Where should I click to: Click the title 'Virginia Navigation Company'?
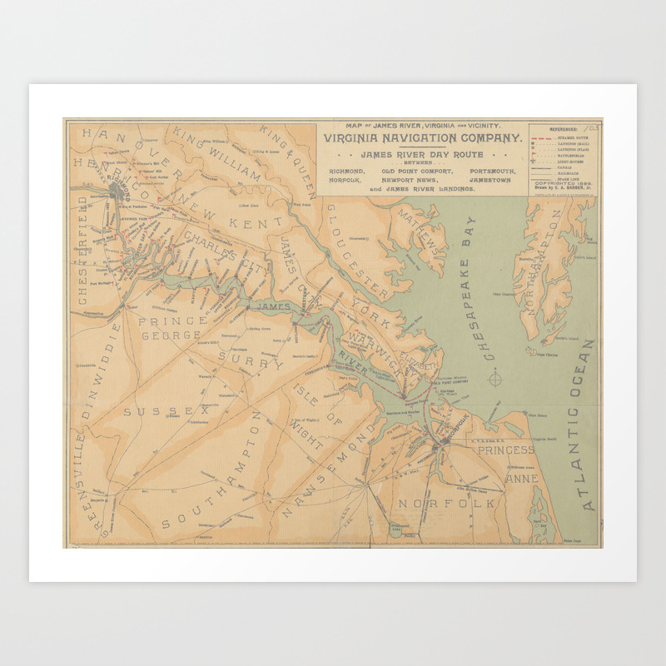coord(422,138)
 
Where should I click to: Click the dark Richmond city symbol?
coord(117,192)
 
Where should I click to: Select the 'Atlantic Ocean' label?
coord(589,425)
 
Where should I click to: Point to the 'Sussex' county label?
coord(167,411)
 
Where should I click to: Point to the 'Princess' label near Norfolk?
coord(505,450)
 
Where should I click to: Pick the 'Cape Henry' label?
coord(535,414)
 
